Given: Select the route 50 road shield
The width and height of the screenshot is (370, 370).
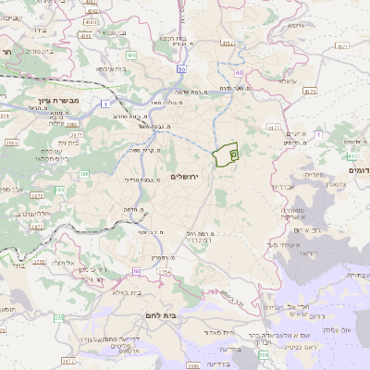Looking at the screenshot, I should click(x=182, y=68).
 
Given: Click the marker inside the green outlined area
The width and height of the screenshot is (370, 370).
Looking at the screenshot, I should click(x=233, y=154).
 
